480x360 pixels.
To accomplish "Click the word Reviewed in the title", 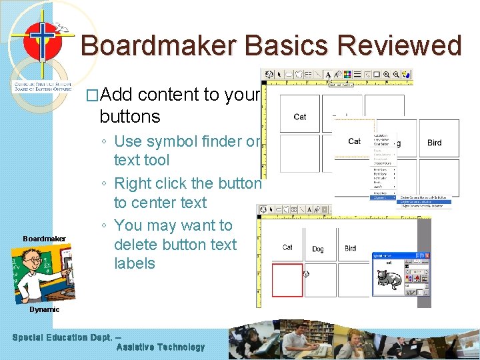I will [x=400, y=46].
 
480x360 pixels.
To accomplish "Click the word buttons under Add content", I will [x=129, y=117].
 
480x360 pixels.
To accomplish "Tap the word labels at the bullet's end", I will [x=135, y=263].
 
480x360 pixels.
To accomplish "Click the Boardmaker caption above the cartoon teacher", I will [x=44, y=239].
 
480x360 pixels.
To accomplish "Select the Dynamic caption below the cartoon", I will [x=44, y=309].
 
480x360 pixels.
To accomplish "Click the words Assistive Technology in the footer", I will [x=161, y=347].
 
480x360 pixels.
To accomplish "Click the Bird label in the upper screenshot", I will [x=434, y=143].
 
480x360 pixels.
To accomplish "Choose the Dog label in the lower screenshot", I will [x=318, y=249].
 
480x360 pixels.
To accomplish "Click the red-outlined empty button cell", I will [x=287, y=280].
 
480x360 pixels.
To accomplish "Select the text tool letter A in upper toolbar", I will [x=329, y=75].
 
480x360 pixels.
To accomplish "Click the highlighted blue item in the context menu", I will [x=424, y=201].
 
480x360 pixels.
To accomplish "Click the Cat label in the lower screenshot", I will [x=287, y=247].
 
